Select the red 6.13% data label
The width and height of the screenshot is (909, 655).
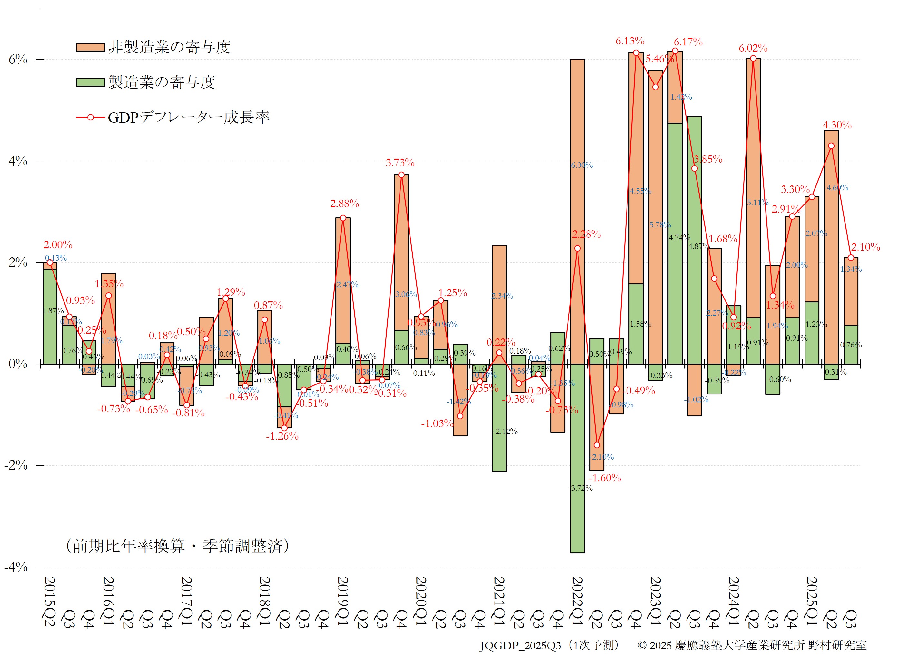pyautogui.click(x=630, y=41)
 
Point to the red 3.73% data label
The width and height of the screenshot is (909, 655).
pyautogui.click(x=400, y=163)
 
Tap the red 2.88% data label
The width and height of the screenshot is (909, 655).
pyautogui.click(x=344, y=204)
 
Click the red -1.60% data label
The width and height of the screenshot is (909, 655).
pyautogui.click(x=604, y=478)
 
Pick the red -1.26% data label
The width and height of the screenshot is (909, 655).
pyautogui.click(x=282, y=436)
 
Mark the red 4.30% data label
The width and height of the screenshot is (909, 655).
pyautogui.click(x=837, y=125)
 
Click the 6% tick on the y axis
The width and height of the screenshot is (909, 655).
pyautogui.click(x=18, y=60)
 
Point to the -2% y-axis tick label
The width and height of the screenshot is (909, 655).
pyautogui.click(x=16, y=466)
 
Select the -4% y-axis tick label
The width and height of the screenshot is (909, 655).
pyautogui.click(x=16, y=567)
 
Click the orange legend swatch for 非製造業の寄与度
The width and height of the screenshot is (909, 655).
pyautogui.click(x=91, y=47)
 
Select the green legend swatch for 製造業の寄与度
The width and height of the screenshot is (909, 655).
pyautogui.click(x=91, y=82)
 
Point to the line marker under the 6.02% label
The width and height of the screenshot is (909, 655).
pyautogui.click(x=753, y=59)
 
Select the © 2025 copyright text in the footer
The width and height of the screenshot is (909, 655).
pyautogui.click(x=752, y=645)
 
